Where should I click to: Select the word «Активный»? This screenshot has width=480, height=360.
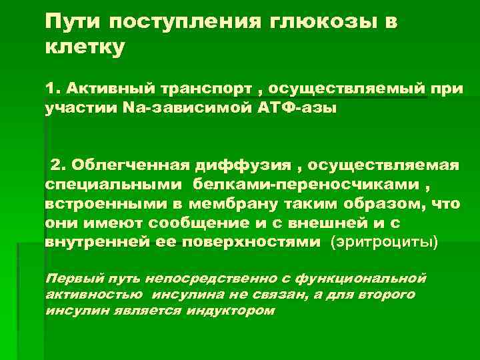point(105,89)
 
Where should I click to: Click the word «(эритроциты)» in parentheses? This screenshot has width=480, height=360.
point(385,242)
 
